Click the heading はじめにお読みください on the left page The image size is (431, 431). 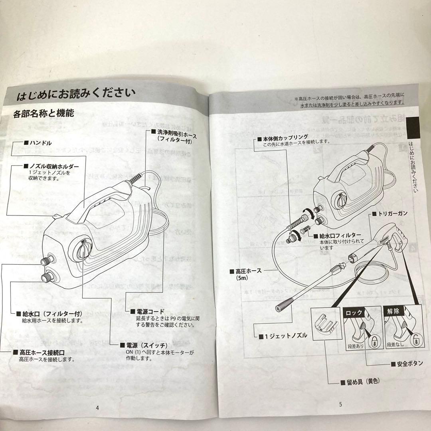[x=76, y=96]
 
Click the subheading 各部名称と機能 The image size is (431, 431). [x=43, y=113]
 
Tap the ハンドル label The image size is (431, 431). [x=40, y=143]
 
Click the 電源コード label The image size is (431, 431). [x=150, y=311]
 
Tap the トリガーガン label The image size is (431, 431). [x=393, y=214]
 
